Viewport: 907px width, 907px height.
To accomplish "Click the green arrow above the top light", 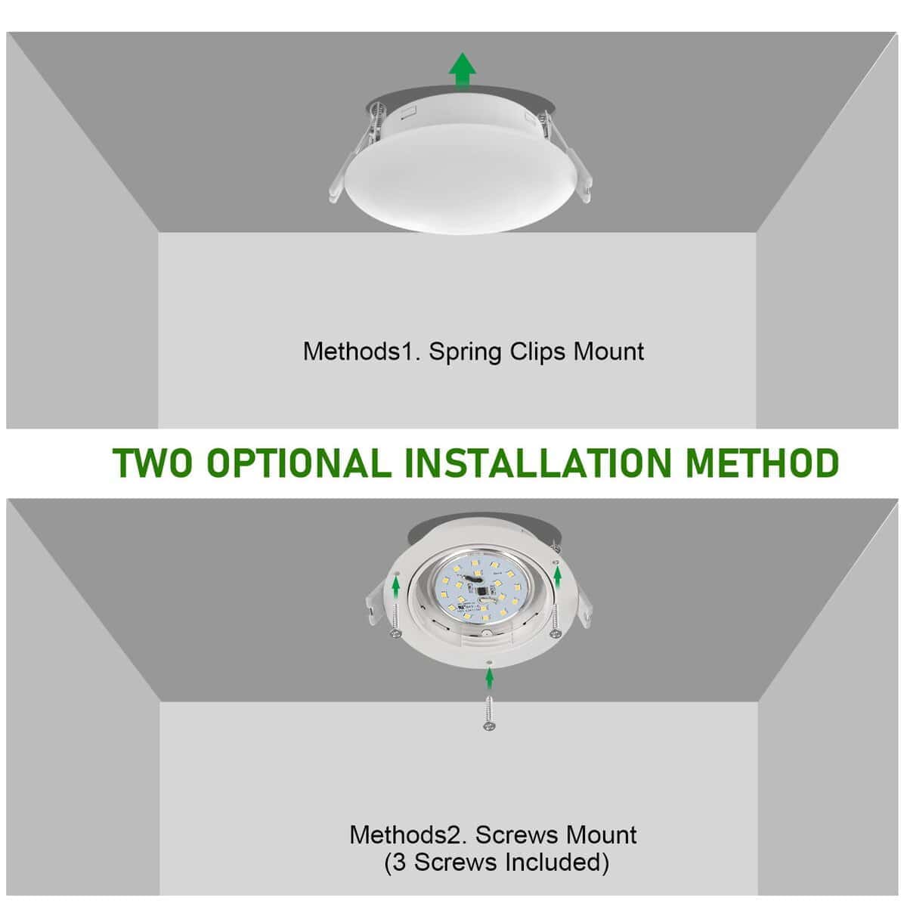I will (x=462, y=72).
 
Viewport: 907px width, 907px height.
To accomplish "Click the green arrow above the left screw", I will (x=396, y=583).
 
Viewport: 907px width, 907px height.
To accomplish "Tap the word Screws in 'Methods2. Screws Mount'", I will (x=512, y=835).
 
